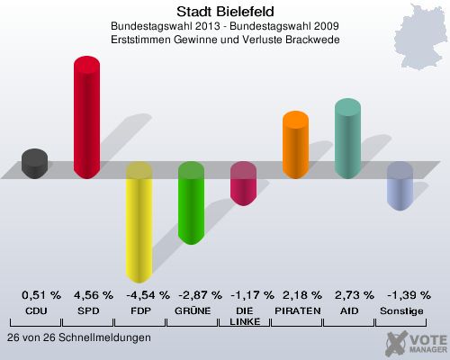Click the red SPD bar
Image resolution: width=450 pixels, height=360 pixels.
click(86, 117)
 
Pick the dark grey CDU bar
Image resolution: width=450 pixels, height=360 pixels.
click(34, 164)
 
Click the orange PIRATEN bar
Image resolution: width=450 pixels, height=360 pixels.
click(295, 145)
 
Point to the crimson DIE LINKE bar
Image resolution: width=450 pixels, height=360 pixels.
click(243, 184)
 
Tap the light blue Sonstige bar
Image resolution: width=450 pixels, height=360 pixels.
click(400, 186)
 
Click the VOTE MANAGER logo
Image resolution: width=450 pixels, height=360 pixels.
click(416, 342)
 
